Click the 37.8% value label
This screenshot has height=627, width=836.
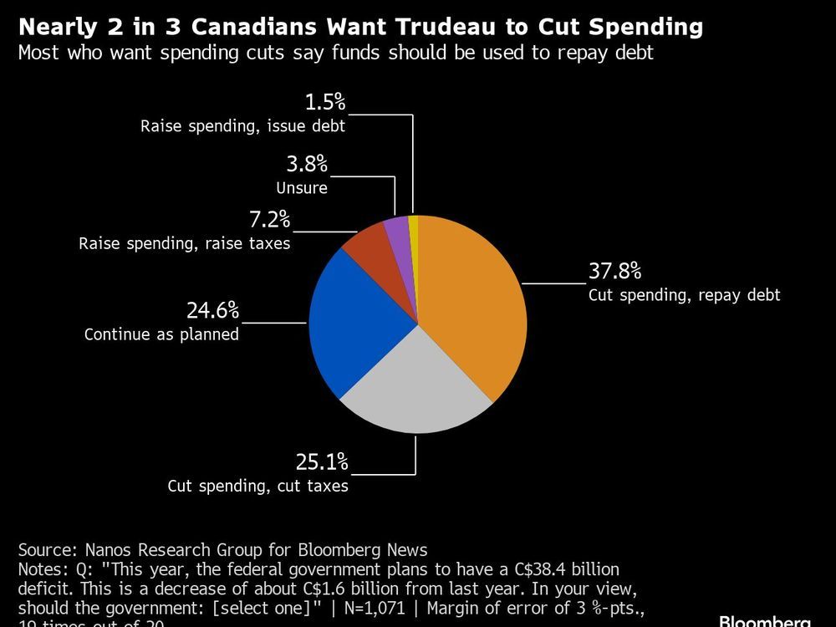pos(614,271)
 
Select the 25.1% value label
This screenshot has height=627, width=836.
pos(321,461)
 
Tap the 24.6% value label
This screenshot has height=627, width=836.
pos(212,311)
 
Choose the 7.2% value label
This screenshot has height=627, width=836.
pos(268,220)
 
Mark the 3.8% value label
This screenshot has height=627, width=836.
pos(307,164)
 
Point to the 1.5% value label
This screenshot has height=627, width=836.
pos(324,103)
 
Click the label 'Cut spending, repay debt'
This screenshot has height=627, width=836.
pos(684,295)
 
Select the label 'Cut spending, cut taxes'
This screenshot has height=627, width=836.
pos(257,486)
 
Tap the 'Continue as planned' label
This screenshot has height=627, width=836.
pos(161,334)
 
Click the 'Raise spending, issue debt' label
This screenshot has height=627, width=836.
pos(242,127)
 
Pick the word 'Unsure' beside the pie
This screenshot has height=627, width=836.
pos(302,188)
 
